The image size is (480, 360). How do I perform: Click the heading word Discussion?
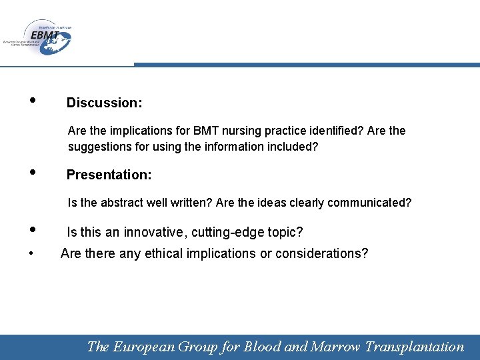[x=104, y=103]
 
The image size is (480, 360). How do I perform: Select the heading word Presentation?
[x=109, y=175]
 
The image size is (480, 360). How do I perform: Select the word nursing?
[x=241, y=131]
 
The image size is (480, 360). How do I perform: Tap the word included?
[x=291, y=146]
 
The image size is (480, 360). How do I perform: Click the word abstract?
[x=119, y=203]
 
